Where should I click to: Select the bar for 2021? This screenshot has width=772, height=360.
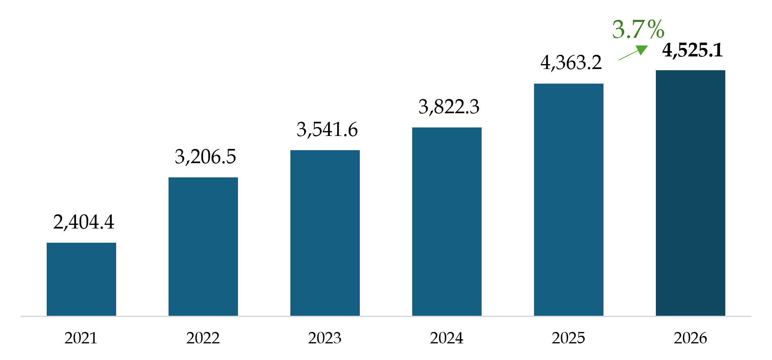click(81, 279)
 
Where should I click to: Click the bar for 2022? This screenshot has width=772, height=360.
click(203, 246)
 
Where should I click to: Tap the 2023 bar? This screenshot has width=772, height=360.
click(325, 233)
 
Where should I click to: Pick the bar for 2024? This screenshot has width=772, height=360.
click(447, 222)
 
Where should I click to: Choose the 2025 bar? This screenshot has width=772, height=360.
click(569, 200)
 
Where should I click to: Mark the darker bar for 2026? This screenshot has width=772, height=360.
click(690, 193)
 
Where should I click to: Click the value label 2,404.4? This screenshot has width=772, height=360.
click(84, 222)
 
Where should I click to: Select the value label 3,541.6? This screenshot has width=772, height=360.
click(327, 130)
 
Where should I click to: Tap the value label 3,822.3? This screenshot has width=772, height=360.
click(449, 107)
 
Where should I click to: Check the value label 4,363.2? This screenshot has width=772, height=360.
click(571, 63)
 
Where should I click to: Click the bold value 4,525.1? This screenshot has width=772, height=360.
click(693, 50)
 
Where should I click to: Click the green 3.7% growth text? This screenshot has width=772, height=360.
click(638, 30)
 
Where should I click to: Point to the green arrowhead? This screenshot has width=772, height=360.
click(642, 50)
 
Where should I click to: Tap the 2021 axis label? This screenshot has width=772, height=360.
click(81, 338)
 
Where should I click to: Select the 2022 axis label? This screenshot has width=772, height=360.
click(203, 338)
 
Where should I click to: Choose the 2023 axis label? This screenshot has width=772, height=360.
click(325, 338)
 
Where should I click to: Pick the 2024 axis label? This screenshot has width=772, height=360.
click(447, 338)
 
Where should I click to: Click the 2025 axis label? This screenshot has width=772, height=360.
click(569, 338)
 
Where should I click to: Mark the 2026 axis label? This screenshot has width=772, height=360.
click(690, 338)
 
